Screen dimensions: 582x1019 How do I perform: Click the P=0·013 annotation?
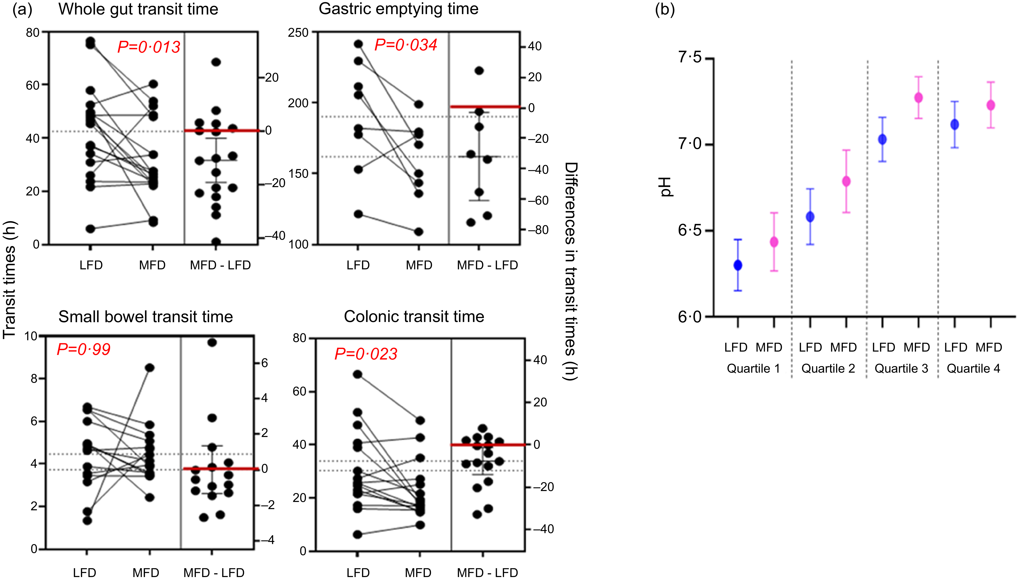coord(149,47)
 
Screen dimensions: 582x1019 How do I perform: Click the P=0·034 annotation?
coord(406,45)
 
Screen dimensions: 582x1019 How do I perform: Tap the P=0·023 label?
coord(366,354)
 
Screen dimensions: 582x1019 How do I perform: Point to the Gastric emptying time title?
coord(398,9)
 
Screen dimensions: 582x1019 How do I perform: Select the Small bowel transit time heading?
coord(146,317)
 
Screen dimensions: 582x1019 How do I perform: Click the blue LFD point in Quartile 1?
coord(738,265)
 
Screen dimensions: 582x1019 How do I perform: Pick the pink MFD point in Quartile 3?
coord(919,98)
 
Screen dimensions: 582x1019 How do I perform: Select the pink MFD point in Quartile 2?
coord(846,181)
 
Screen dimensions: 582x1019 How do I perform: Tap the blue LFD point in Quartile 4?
coord(955,125)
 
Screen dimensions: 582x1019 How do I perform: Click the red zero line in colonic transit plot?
coord(488,445)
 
